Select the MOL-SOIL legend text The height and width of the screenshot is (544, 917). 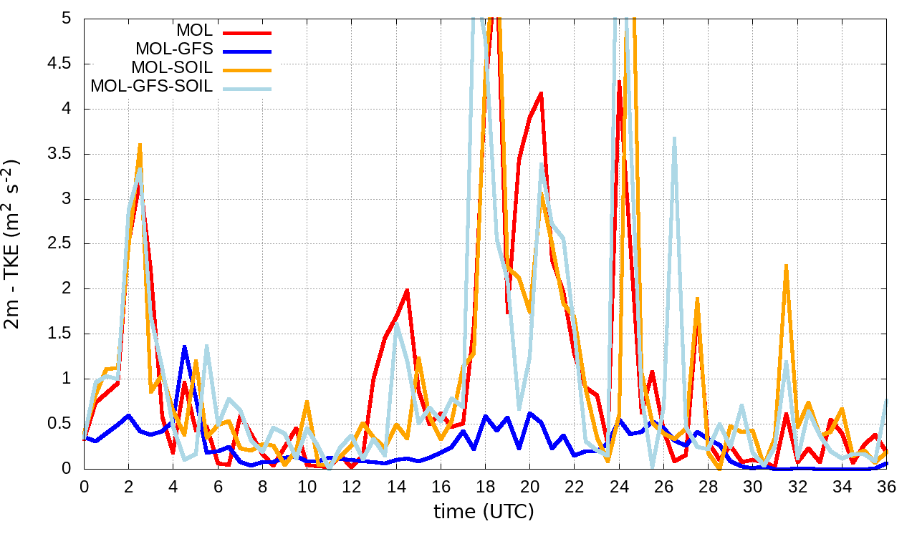172,68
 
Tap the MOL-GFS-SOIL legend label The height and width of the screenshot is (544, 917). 151,87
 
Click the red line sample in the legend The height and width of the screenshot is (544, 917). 247,32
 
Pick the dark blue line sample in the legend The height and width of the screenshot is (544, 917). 247,51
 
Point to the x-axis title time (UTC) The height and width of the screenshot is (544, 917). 484,512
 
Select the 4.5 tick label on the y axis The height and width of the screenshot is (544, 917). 59,64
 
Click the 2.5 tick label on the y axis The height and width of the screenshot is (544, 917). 59,244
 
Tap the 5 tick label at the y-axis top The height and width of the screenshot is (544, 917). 67,19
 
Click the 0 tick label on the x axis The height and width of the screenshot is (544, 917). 84,487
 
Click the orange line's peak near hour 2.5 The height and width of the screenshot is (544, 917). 140,145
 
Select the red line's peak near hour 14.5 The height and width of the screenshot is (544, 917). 407,290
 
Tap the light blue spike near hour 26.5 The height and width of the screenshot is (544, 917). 674,138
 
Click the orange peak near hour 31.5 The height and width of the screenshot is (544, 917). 786,266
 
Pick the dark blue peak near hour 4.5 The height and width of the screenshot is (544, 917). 184,347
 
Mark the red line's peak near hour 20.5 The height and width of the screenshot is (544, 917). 541,93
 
